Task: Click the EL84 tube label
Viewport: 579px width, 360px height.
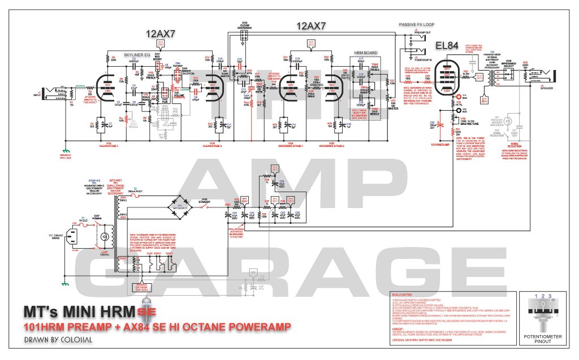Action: [x=448, y=46]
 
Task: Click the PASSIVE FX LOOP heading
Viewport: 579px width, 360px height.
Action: [x=416, y=25]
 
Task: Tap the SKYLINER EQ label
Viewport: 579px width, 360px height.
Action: [x=136, y=54]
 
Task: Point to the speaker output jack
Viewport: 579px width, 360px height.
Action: [x=548, y=75]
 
